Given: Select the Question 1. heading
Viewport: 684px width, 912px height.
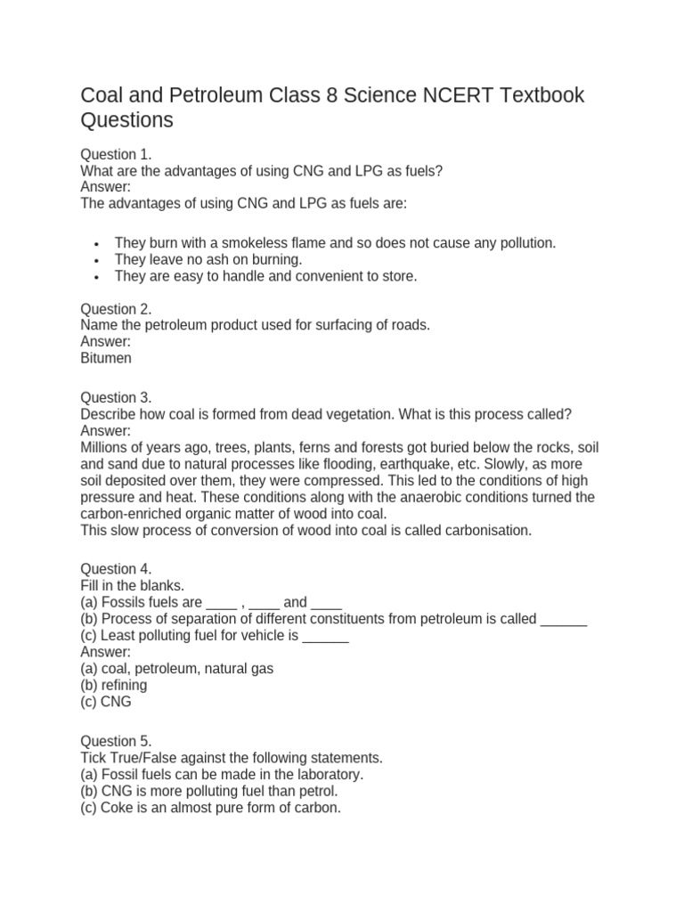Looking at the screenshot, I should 116,154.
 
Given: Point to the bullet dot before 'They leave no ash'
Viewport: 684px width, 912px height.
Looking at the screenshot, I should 96,260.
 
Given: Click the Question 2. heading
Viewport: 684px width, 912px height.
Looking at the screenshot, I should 116,309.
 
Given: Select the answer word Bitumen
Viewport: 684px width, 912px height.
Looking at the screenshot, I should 106,358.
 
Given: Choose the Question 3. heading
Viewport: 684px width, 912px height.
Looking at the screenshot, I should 116,397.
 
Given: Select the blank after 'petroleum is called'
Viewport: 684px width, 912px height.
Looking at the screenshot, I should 564,619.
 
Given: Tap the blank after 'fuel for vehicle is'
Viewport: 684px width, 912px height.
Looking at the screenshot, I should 326,636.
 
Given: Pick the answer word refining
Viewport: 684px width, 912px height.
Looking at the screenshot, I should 125,685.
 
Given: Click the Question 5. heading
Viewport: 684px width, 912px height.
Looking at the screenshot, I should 116,741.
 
